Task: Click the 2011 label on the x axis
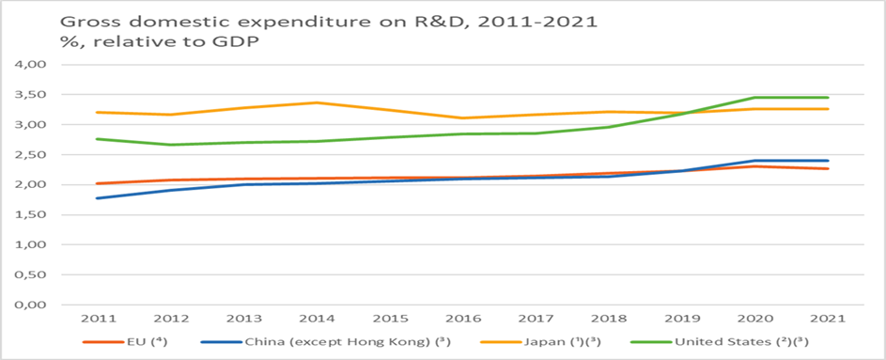(x=99, y=319)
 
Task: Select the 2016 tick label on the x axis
(x=463, y=319)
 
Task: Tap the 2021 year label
(x=829, y=319)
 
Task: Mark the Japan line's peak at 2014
(x=318, y=102)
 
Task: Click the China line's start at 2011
(x=99, y=198)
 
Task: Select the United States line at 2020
(x=755, y=97)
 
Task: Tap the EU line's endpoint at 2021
(x=829, y=168)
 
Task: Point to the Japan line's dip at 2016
(x=463, y=118)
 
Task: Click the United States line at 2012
(x=172, y=145)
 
